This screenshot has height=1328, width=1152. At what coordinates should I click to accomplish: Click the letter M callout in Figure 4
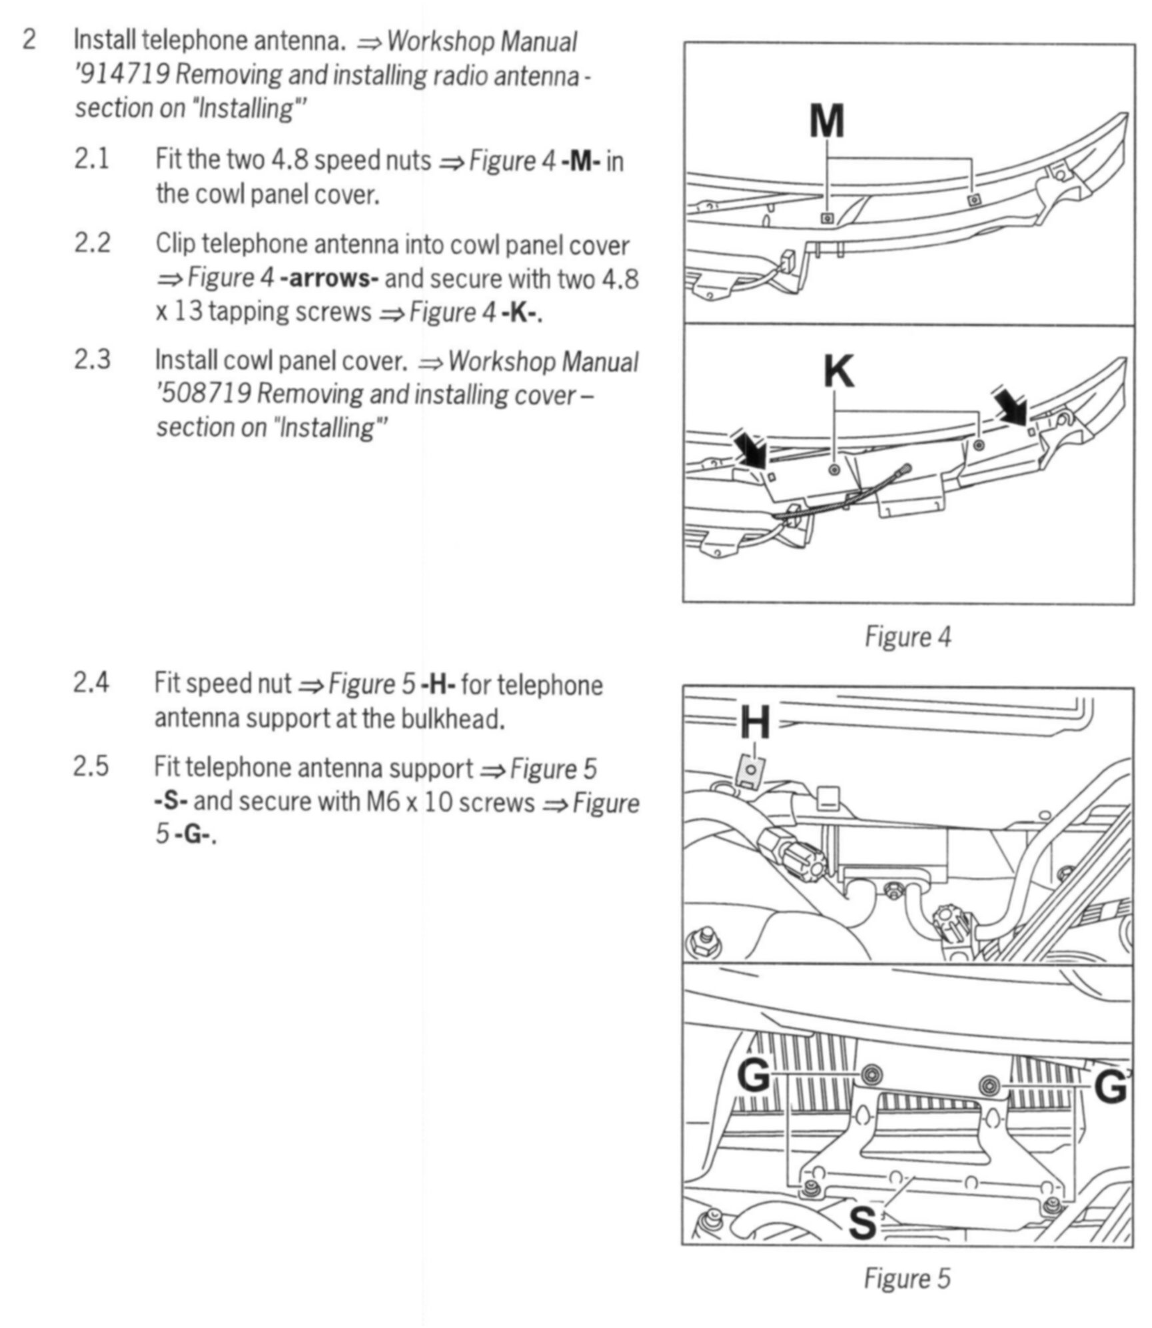pyautogui.click(x=827, y=121)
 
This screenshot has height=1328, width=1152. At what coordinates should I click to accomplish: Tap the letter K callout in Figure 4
pyautogui.click(x=838, y=372)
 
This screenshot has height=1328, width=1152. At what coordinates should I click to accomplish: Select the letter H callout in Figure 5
pyautogui.click(x=755, y=724)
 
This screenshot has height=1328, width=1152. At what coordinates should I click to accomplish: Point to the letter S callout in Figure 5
pyautogui.click(x=863, y=1223)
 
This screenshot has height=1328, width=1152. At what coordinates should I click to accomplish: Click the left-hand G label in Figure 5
pyautogui.click(x=754, y=1075)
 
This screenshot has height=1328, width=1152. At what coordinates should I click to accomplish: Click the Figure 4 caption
pyautogui.click(x=907, y=637)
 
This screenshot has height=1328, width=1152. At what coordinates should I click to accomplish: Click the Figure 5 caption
pyautogui.click(x=907, y=1279)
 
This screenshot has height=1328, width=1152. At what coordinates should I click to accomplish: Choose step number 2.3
pyautogui.click(x=92, y=360)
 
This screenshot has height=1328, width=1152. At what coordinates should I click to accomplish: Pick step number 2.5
pyautogui.click(x=91, y=767)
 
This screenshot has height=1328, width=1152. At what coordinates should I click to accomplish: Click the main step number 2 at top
pyautogui.click(x=29, y=40)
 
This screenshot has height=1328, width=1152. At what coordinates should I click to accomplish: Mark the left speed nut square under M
pyautogui.click(x=827, y=218)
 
